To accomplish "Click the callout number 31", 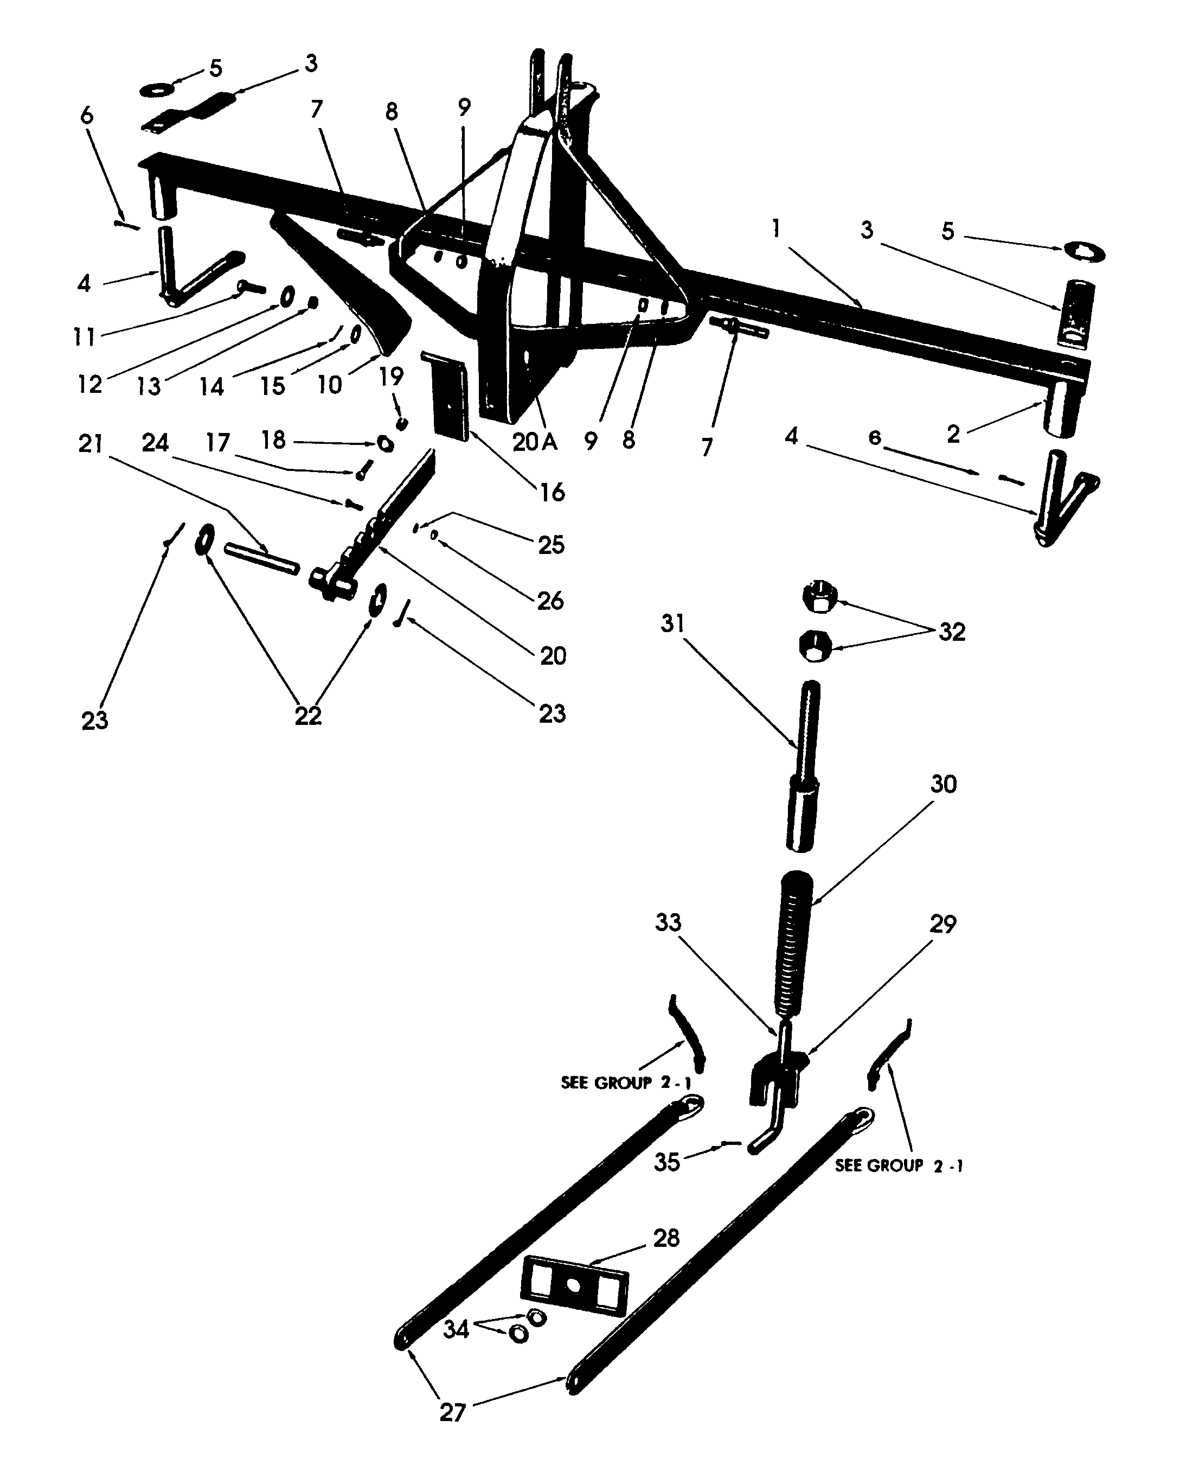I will (x=672, y=623).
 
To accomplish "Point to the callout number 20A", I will (x=534, y=442).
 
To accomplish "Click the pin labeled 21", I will (x=262, y=558).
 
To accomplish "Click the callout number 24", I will (x=155, y=443).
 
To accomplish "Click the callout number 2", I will (x=953, y=434).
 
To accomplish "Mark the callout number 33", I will (x=668, y=922).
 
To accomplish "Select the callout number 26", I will (x=550, y=601).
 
